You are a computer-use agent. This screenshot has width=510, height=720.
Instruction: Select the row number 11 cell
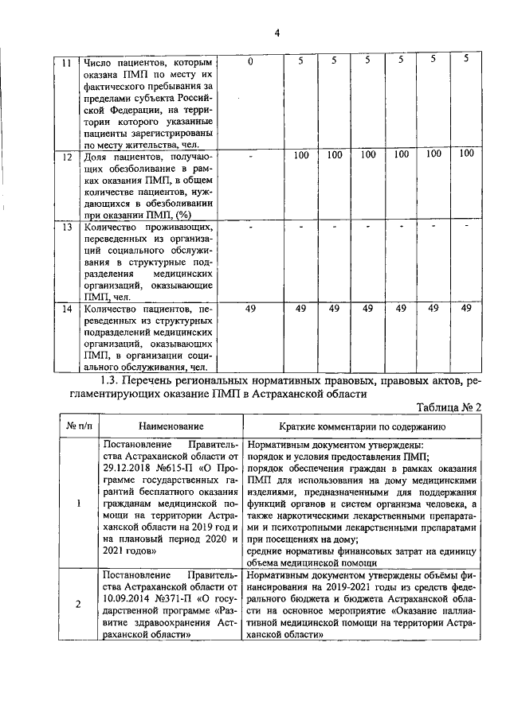(67, 62)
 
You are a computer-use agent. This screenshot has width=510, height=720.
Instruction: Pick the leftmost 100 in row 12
(300, 155)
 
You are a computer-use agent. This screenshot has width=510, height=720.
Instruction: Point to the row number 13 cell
(67, 227)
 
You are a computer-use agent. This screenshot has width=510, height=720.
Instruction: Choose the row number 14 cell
(67, 309)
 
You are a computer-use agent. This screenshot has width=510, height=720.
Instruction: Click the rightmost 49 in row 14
(467, 309)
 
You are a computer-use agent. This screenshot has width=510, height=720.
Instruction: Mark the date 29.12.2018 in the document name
(129, 469)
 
